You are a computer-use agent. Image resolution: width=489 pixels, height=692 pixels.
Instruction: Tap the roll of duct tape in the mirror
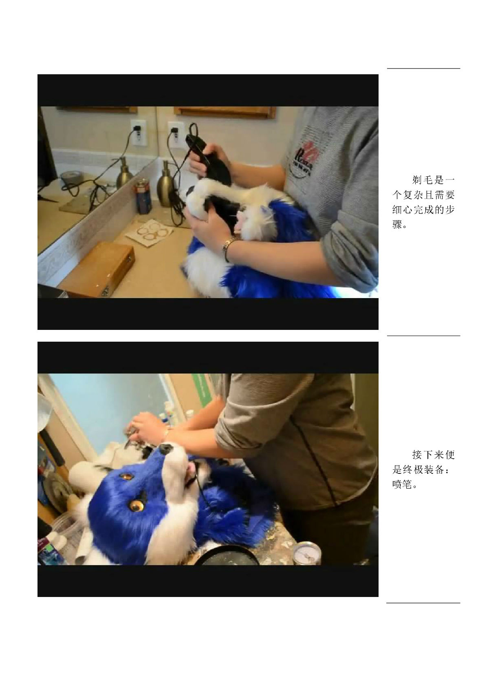coord(70,179)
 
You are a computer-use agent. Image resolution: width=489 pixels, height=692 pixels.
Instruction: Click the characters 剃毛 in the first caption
coord(423,180)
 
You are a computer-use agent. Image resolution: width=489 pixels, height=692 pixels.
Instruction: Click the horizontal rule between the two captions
coord(423,336)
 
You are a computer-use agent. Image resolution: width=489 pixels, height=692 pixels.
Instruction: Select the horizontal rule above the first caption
coord(423,68)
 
